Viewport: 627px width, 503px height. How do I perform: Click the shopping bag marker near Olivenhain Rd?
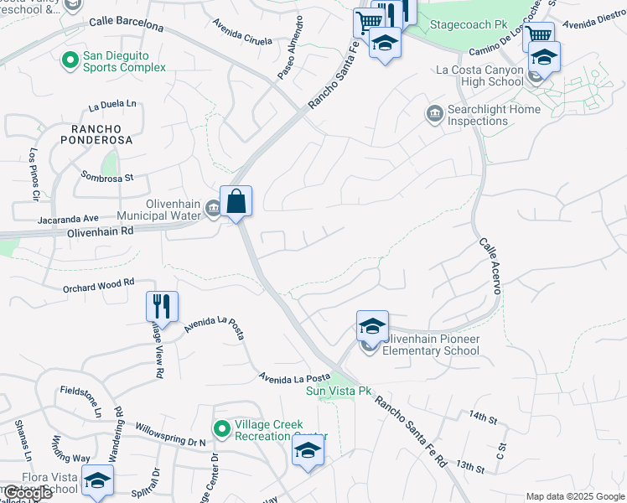pos(236,202)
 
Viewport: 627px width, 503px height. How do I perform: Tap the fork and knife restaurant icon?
pos(162,306)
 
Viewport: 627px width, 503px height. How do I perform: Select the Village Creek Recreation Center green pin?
pos(222,428)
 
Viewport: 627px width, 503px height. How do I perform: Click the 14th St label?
pos(483,416)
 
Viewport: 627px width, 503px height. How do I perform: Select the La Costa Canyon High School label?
pos(480,76)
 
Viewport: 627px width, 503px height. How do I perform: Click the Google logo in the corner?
pos(27,493)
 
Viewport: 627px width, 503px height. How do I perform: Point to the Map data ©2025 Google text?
pos(575,496)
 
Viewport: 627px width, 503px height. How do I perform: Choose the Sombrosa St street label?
pos(107,177)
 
